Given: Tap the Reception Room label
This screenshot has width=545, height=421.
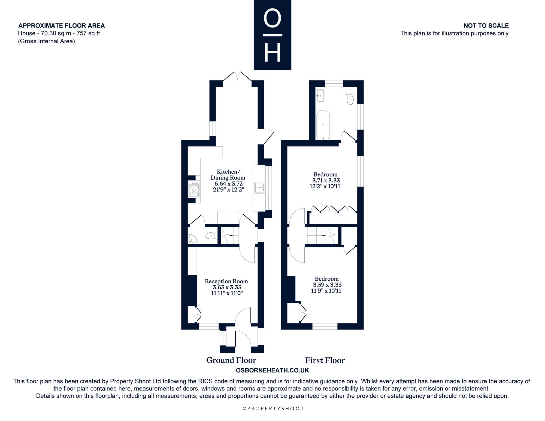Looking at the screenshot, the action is point(226,281).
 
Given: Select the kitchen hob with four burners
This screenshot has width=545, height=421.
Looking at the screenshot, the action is point(194,189).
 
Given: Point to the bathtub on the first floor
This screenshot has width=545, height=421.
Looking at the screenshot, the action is point(323,125).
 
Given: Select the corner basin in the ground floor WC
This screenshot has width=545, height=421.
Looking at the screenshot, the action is point(192,239).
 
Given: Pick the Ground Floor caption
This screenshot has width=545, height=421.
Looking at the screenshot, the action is point(231,360).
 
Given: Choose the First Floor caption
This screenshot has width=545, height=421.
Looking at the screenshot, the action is point(325,361).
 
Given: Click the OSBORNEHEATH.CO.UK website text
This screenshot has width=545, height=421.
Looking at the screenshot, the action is point(272,371).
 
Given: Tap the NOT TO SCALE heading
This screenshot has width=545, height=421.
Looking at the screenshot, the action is point(486,26).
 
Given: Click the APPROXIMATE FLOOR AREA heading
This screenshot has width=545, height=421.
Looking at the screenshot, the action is point(62,26).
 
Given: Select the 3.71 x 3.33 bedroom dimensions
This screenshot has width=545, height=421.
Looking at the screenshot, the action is point(326,180).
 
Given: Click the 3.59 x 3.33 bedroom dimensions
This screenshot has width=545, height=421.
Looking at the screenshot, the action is point(327,285).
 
